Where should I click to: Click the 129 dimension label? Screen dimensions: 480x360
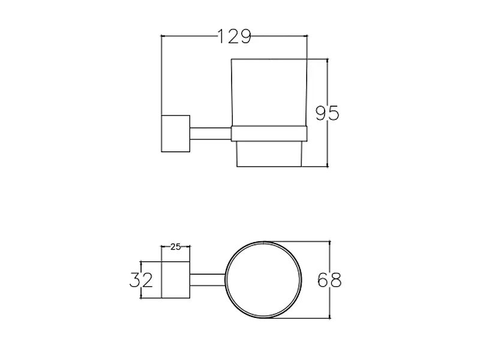click(234, 37)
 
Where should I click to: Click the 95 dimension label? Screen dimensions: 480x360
click(327, 113)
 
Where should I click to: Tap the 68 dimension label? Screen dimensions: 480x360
click(329, 280)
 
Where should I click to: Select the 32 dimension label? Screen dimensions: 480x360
click(141, 280)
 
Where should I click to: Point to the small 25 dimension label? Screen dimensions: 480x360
click(176, 247)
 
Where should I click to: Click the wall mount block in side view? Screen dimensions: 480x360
click(176, 133)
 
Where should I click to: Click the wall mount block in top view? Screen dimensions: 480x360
click(176, 280)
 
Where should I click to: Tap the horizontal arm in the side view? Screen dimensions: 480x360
click(211, 133)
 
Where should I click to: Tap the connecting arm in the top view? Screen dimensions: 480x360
click(208, 280)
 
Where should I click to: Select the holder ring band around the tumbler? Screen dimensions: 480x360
click(269, 133)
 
